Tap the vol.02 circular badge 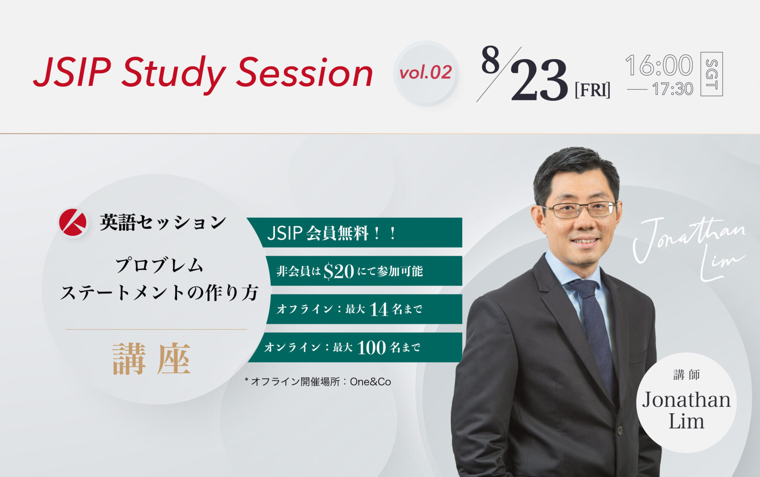[426, 73]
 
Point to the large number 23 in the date [539, 80]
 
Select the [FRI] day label [592, 90]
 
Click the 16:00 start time [659, 65]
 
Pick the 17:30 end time [673, 89]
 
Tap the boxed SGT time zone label [711, 74]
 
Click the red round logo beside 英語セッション [73, 222]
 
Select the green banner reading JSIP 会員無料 [355, 232]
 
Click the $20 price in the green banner [339, 271]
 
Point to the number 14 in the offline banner [379, 309]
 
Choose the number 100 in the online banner [372, 348]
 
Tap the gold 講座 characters [152, 359]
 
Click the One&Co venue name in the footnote [370, 382]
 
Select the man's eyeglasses [579, 209]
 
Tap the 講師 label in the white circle [687, 375]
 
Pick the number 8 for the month [490, 60]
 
